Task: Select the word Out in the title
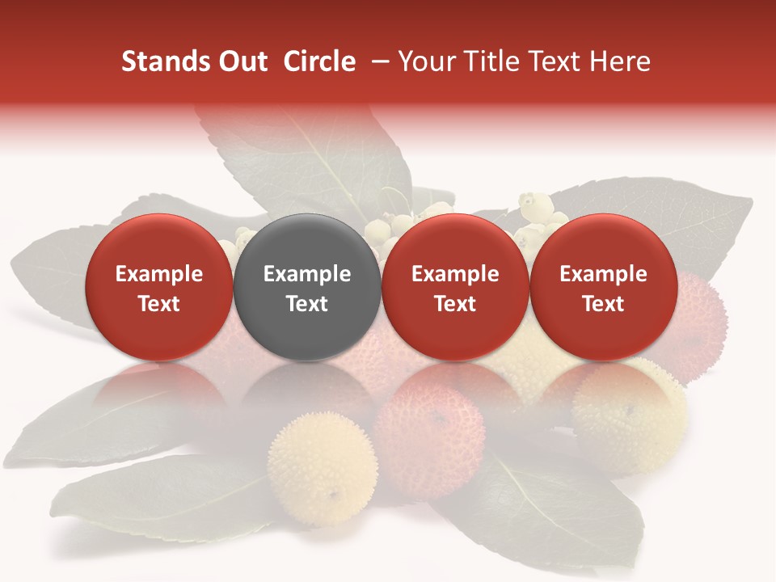pyautogui.click(x=240, y=62)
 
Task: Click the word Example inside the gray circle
pyautogui.click(x=307, y=274)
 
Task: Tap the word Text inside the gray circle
pyautogui.click(x=307, y=304)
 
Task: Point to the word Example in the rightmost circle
pyautogui.click(x=604, y=274)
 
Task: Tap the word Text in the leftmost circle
pyautogui.click(x=159, y=304)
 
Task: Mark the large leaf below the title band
pyautogui.click(x=315, y=162)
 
